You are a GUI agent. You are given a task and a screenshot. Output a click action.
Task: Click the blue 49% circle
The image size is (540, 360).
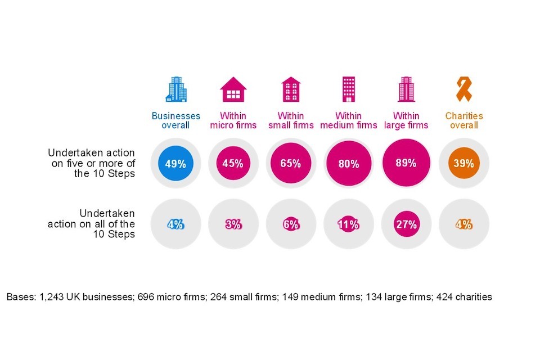[x=175, y=164]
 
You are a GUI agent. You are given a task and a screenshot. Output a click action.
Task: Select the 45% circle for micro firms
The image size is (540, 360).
[x=232, y=164]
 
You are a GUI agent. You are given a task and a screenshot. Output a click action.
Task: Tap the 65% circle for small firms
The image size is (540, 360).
[x=290, y=164]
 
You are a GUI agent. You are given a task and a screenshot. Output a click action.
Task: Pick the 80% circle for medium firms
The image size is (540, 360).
[x=348, y=164]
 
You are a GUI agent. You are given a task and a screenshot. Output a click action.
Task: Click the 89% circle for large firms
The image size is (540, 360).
[x=406, y=163]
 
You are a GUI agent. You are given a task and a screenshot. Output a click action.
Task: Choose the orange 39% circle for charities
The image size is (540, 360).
[x=463, y=164]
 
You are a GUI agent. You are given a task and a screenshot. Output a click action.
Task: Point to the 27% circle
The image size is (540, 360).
[x=406, y=224]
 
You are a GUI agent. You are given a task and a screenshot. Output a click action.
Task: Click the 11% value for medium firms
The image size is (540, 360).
[x=348, y=224]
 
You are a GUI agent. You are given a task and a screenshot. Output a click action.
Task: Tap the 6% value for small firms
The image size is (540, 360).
[x=290, y=224]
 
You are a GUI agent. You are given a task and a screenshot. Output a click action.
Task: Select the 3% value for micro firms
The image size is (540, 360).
[x=232, y=224]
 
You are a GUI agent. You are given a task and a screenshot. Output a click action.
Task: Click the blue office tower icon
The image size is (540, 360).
[x=175, y=89]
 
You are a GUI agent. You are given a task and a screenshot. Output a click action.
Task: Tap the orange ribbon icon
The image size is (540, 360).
[x=463, y=89]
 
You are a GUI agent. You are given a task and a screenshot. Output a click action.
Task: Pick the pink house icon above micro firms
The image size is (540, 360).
[x=233, y=89]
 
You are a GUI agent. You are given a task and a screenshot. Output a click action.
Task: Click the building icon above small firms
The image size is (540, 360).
[x=291, y=89]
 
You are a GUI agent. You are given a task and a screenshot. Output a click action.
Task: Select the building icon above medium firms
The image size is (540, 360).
[x=348, y=89]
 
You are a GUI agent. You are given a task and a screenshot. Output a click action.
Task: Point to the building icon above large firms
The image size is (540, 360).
[x=406, y=89]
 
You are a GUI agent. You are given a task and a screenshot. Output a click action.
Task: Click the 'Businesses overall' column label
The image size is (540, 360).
[x=175, y=120]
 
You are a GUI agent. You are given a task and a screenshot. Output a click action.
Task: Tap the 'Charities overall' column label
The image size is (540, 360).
[x=463, y=120]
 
